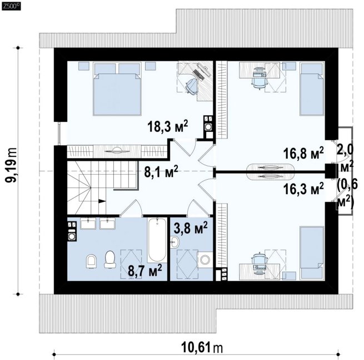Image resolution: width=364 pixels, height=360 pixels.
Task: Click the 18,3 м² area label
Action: pos(167,127)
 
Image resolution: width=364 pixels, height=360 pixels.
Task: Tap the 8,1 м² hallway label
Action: pos(161,171)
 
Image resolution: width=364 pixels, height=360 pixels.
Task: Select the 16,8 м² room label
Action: pos(303,154)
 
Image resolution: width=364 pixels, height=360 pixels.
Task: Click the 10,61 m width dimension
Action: pos(202,347)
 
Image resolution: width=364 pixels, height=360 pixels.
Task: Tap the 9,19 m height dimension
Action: pos(11,165)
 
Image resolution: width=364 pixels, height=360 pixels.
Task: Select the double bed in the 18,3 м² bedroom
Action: pos(117,89)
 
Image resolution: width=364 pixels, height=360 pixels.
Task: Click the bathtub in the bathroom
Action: pos(157,240)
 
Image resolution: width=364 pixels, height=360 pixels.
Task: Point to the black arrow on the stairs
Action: pos(102,201)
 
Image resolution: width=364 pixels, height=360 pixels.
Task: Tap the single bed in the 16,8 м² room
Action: pos(312,89)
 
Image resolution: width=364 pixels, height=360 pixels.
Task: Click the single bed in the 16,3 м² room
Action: pos(312,253)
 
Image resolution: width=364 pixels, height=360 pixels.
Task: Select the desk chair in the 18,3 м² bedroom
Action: pos(192,86)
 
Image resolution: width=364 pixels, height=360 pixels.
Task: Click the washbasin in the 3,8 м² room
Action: pos(174,242)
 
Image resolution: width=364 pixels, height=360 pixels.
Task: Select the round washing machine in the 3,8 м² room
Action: pos(205,260)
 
